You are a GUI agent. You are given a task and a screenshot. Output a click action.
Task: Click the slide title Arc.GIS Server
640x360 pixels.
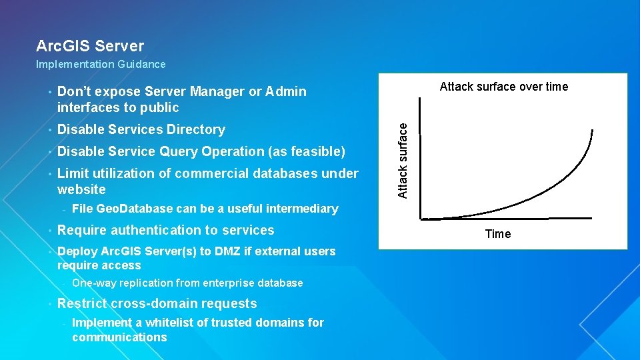pyautogui.click(x=90, y=46)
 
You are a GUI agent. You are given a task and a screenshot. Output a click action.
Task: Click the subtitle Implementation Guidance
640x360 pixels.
pyautogui.click(x=101, y=65)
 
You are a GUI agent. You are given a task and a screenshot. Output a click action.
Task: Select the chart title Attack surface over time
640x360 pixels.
pyautogui.click(x=504, y=87)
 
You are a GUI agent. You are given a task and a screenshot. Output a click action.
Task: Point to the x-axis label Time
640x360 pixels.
pyautogui.click(x=498, y=234)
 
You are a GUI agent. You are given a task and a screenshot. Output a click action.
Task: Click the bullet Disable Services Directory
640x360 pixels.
pyautogui.click(x=141, y=129)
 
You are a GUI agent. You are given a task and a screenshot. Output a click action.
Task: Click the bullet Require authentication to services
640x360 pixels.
pyautogui.click(x=166, y=231)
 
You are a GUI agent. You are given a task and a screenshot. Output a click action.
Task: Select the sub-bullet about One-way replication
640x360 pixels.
pyautogui.click(x=187, y=283)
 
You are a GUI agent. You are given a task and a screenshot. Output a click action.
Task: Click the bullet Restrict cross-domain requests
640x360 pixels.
pyautogui.click(x=157, y=304)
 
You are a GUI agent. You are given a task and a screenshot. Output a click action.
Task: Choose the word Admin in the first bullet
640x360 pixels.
pyautogui.click(x=287, y=91)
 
